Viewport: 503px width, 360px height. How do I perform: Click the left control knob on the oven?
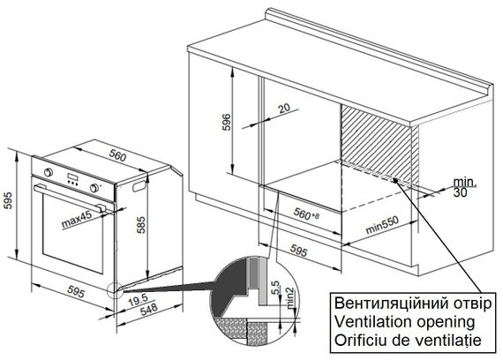point(49,172)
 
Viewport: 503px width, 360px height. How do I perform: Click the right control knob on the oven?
point(94,188)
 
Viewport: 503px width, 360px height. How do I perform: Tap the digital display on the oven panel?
point(72,177)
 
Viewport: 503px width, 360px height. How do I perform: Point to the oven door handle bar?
point(70,197)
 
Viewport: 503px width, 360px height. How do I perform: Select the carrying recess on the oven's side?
point(139,186)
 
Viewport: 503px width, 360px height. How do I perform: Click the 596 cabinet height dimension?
point(227,122)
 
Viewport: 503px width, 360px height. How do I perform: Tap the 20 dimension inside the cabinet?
point(284,109)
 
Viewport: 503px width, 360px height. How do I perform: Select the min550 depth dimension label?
point(382,225)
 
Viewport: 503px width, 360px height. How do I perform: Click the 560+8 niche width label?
point(307,214)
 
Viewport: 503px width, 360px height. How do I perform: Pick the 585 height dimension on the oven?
point(141,225)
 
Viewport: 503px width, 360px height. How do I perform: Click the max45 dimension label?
point(77,219)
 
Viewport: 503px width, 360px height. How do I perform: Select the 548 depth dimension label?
point(149,310)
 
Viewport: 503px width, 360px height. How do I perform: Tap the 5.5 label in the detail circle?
point(275,288)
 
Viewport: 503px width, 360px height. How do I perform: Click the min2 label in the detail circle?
point(290,298)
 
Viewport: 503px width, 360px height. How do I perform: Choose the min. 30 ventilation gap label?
point(464,187)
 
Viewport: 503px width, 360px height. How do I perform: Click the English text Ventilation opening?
point(404,321)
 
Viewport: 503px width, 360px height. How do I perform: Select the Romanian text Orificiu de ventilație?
point(408,340)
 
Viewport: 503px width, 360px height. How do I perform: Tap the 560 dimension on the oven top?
point(117,155)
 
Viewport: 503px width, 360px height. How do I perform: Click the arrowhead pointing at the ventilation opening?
point(396,180)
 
